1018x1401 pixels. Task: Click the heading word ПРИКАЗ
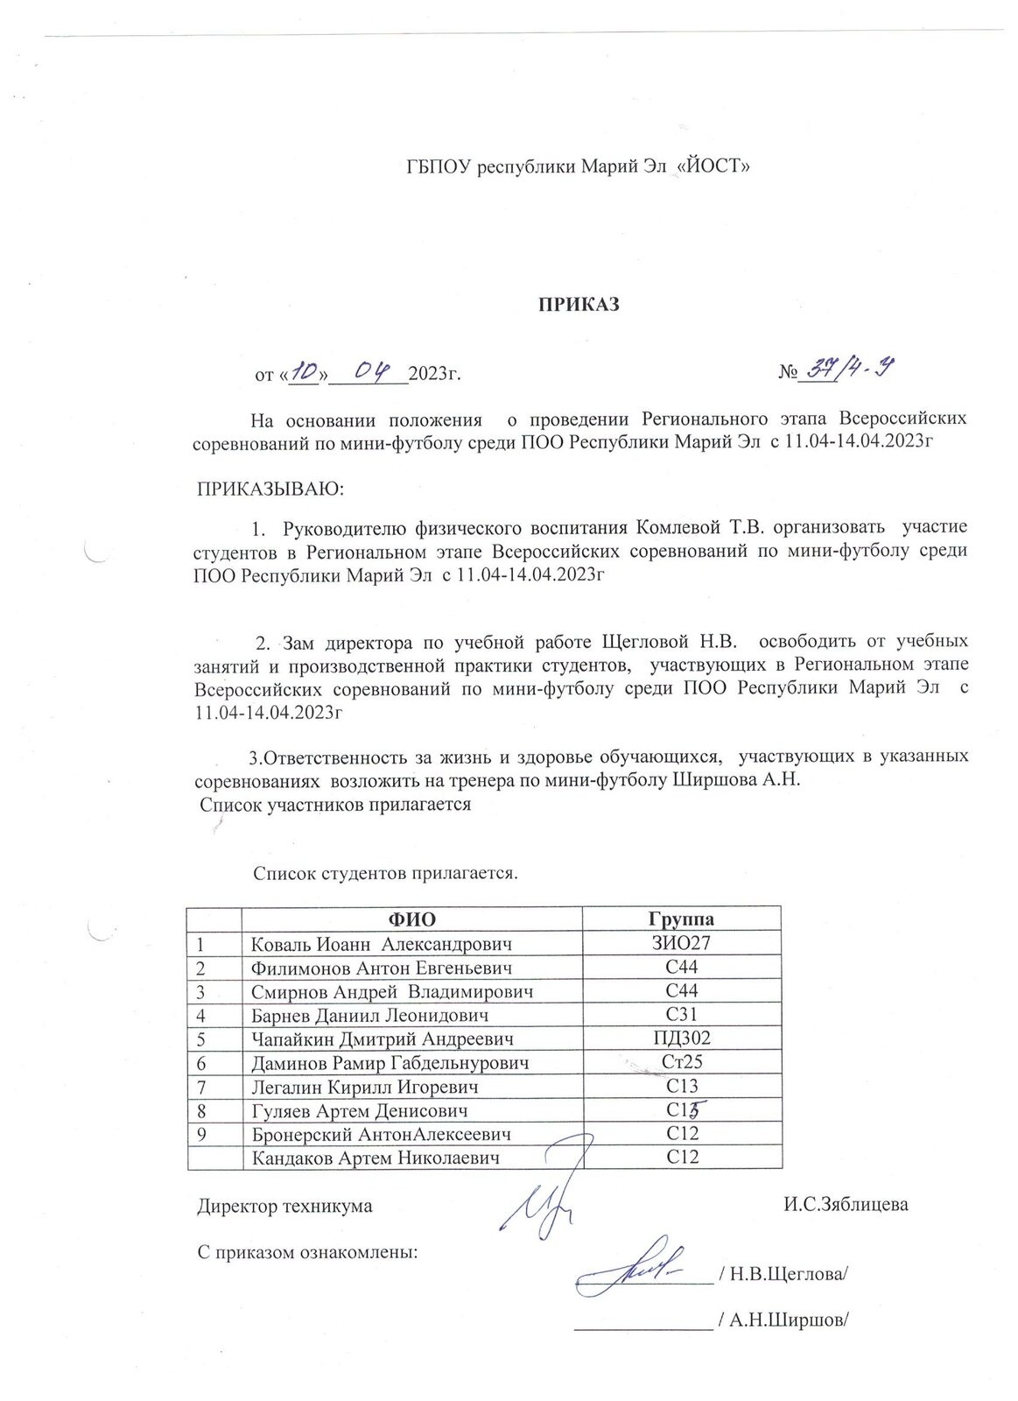(578, 305)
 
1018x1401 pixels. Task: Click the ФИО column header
(411, 919)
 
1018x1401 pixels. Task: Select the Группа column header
(681, 919)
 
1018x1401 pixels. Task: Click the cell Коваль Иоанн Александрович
(381, 944)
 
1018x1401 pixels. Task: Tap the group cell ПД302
(681, 1038)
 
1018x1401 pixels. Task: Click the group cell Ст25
(681, 1062)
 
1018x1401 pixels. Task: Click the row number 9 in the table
(201, 1134)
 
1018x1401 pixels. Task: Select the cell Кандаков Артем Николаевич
(376, 1158)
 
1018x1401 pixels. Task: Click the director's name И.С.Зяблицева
(846, 1205)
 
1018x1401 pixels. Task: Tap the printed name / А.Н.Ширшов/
(783, 1320)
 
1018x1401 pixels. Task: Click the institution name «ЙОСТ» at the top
(714, 166)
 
